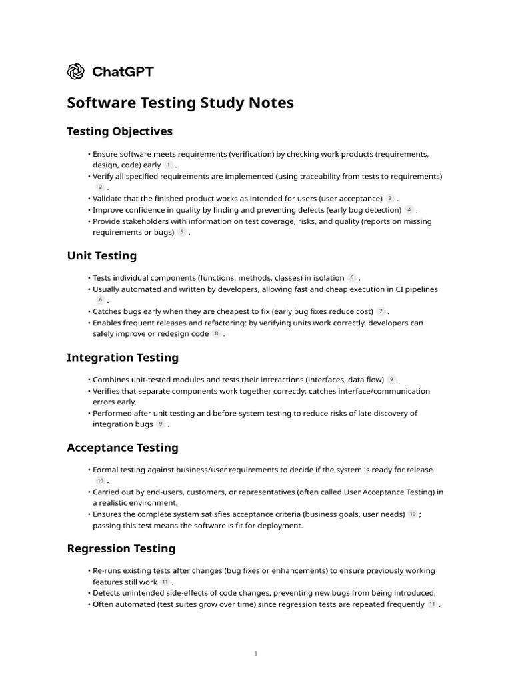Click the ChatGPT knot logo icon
[75, 71]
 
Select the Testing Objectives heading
[119, 131]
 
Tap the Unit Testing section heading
[101, 255]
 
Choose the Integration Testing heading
[123, 357]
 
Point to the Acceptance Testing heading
[123, 448]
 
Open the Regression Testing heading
[121, 548]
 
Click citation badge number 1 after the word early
[168, 165]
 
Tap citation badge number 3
[390, 199]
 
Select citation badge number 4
[409, 210]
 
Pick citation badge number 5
[182, 232]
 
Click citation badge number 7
[381, 311]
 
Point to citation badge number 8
[216, 334]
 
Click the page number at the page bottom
[255, 654]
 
